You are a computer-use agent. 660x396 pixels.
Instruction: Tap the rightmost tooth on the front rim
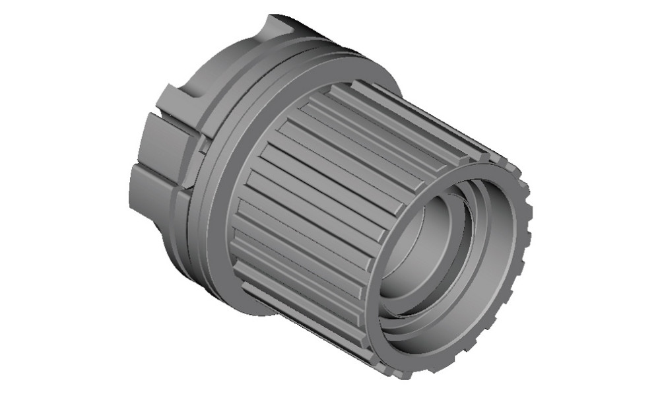tap(527, 218)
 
